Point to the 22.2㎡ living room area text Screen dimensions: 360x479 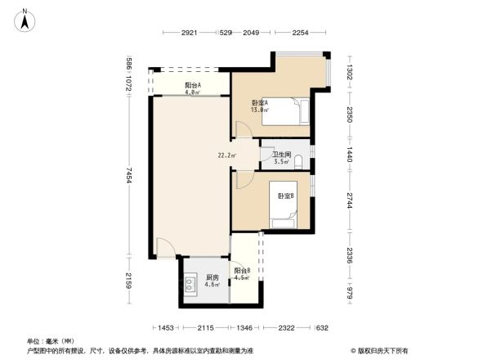[x=226, y=155]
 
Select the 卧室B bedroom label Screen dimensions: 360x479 [x=285, y=196]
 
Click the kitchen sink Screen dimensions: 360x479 [x=190, y=285]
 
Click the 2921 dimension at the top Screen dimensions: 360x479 [x=190, y=33]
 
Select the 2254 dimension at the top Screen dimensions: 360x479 [x=301, y=33]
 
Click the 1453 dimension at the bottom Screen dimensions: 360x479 [x=166, y=328]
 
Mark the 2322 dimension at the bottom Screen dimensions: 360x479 [x=285, y=328]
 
